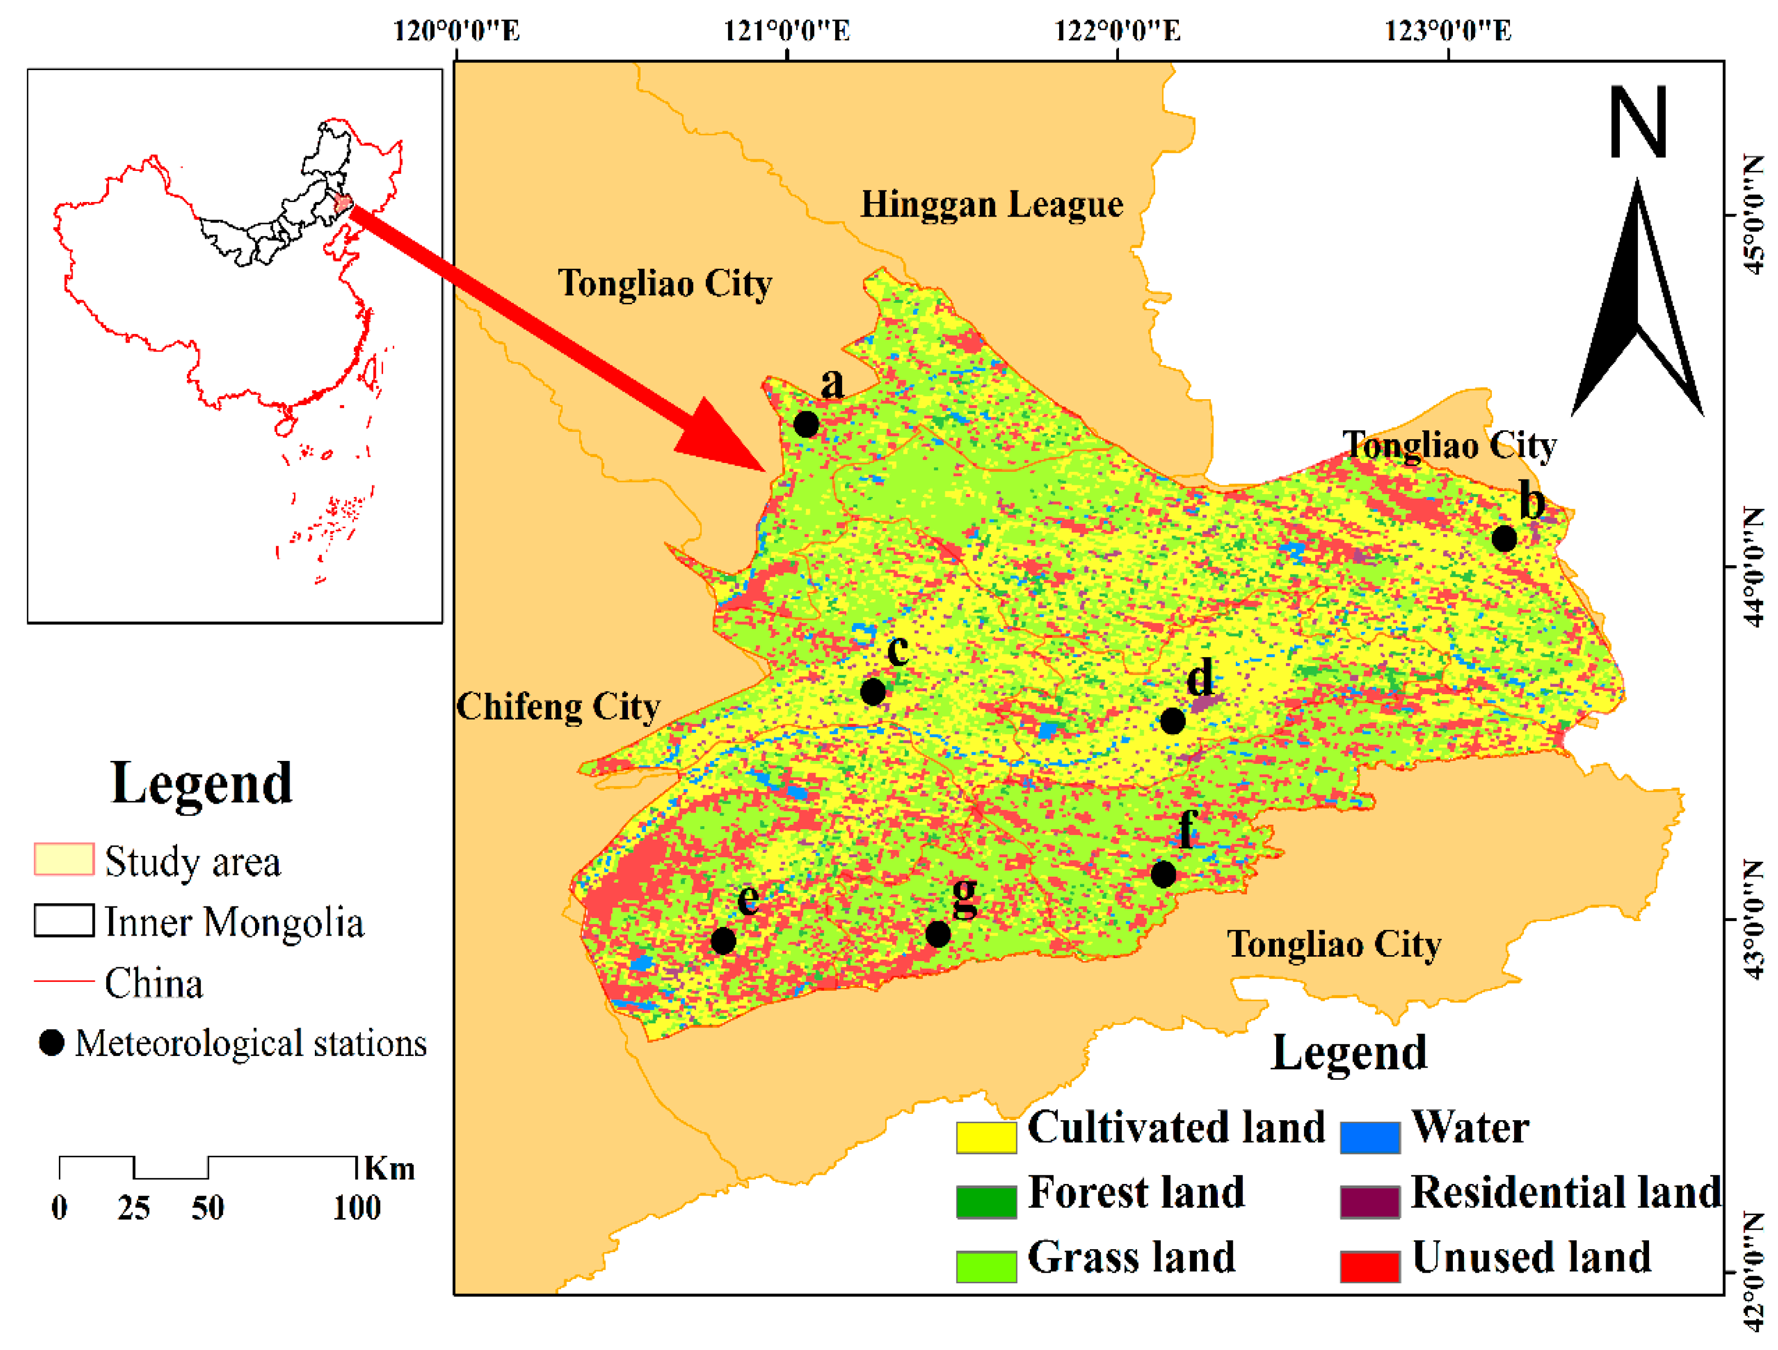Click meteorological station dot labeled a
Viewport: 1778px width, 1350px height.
806,424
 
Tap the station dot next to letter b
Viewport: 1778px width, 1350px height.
1504,538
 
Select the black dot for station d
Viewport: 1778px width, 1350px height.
1173,721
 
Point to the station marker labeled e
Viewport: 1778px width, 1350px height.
723,940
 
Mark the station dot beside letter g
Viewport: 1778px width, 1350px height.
938,933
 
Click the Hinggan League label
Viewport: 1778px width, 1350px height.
992,204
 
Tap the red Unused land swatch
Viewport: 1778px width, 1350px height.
1371,1266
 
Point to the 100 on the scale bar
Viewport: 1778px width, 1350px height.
357,1208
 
